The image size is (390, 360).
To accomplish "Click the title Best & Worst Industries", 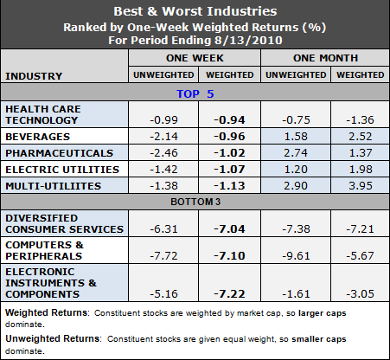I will (x=195, y=12).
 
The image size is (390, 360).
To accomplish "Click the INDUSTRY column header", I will (x=35, y=75).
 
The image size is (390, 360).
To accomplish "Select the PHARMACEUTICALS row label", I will (x=53, y=151).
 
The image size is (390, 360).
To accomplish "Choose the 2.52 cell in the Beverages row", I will (x=357, y=137).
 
